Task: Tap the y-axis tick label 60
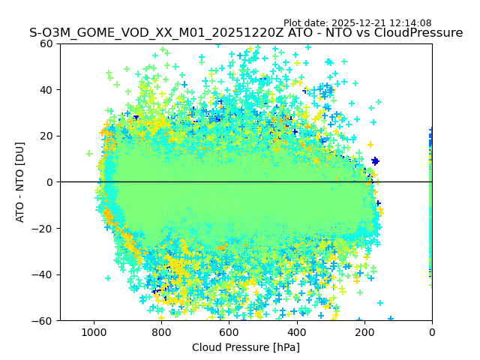47,43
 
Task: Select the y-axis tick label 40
47,90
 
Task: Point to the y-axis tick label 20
47,136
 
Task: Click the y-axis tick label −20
44,229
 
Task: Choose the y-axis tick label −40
44,274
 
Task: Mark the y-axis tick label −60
44,321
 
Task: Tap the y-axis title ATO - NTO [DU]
20,182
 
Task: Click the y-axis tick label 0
50,182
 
